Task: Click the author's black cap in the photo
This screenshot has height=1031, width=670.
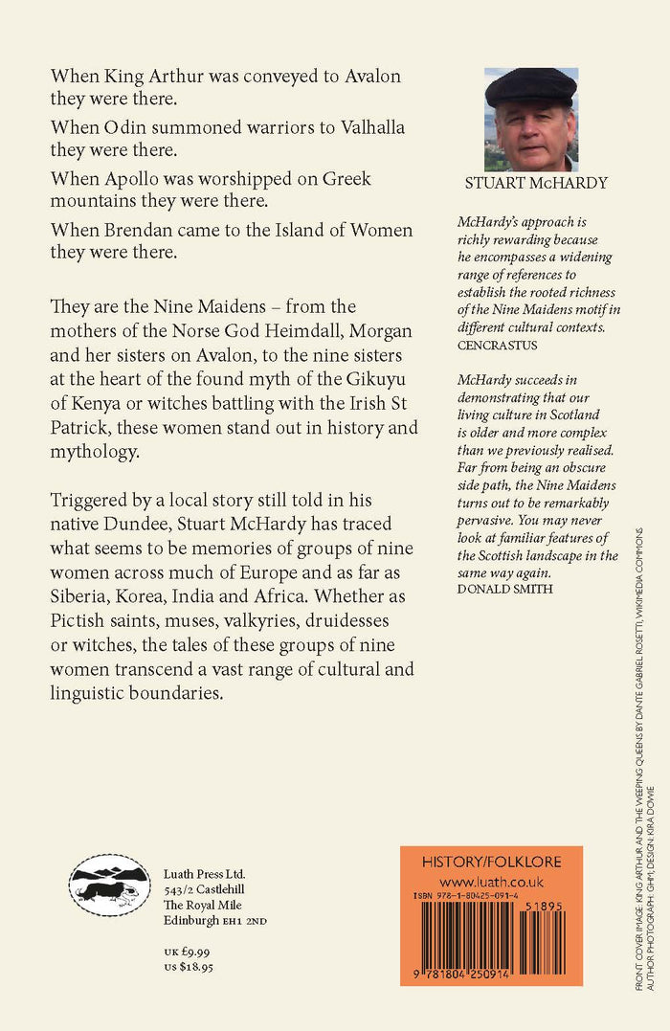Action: pos(529,86)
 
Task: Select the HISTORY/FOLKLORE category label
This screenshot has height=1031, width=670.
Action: pos(491,863)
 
